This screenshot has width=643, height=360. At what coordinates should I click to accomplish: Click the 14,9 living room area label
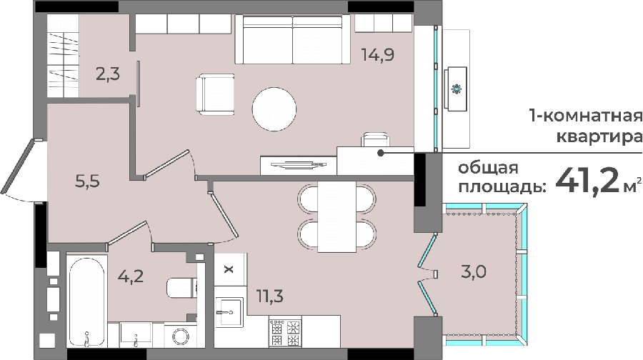[378, 54]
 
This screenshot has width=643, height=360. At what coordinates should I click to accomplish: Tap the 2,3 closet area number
[108, 74]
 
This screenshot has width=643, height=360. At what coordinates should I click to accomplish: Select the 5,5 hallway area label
[87, 181]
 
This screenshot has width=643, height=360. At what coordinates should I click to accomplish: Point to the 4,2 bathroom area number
[131, 276]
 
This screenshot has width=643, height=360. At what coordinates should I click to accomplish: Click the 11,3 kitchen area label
[270, 295]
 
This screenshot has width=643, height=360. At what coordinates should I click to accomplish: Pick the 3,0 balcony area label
[474, 271]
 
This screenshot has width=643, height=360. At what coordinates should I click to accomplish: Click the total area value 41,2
[587, 181]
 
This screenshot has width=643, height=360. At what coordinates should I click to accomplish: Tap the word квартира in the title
[599, 136]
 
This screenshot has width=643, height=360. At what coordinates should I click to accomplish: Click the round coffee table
[274, 109]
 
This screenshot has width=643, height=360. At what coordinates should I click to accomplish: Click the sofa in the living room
[293, 39]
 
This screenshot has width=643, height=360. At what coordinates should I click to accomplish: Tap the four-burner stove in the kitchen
[285, 331]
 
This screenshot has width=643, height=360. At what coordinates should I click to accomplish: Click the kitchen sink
[229, 312]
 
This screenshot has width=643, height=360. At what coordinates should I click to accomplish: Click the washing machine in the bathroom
[181, 336]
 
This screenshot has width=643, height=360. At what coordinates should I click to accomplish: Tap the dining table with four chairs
[337, 216]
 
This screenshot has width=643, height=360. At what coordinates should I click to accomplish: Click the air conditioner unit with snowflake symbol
[456, 89]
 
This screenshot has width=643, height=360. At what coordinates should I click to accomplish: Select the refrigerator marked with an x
[229, 269]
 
